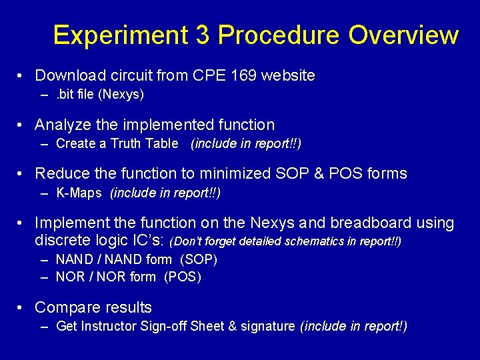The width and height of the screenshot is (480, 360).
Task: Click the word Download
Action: click(67, 75)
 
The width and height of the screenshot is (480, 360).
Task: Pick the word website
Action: click(288, 75)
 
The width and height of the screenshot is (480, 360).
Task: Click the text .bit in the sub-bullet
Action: click(66, 94)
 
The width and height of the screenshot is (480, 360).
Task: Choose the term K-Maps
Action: click(79, 193)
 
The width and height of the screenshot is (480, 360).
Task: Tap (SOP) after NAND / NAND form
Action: click(199, 259)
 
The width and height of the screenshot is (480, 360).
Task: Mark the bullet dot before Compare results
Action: click(21, 307)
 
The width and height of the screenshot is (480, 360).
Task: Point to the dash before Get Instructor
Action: click(44, 326)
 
